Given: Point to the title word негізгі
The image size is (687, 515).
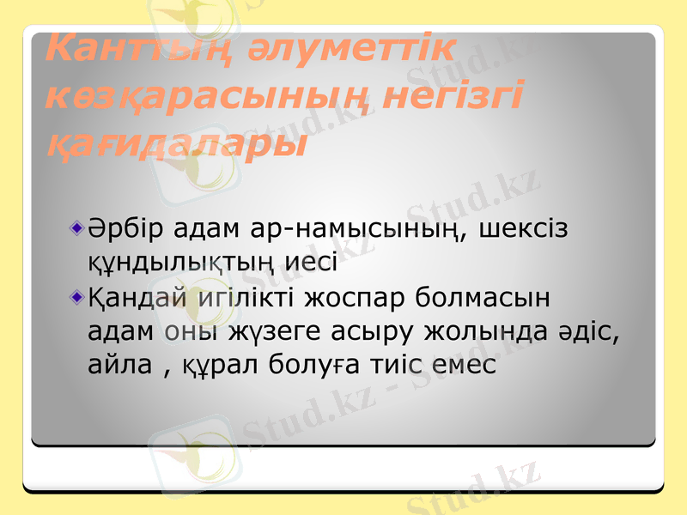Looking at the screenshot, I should coord(453,96).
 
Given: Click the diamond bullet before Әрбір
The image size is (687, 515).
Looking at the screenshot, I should coord(78,230).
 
